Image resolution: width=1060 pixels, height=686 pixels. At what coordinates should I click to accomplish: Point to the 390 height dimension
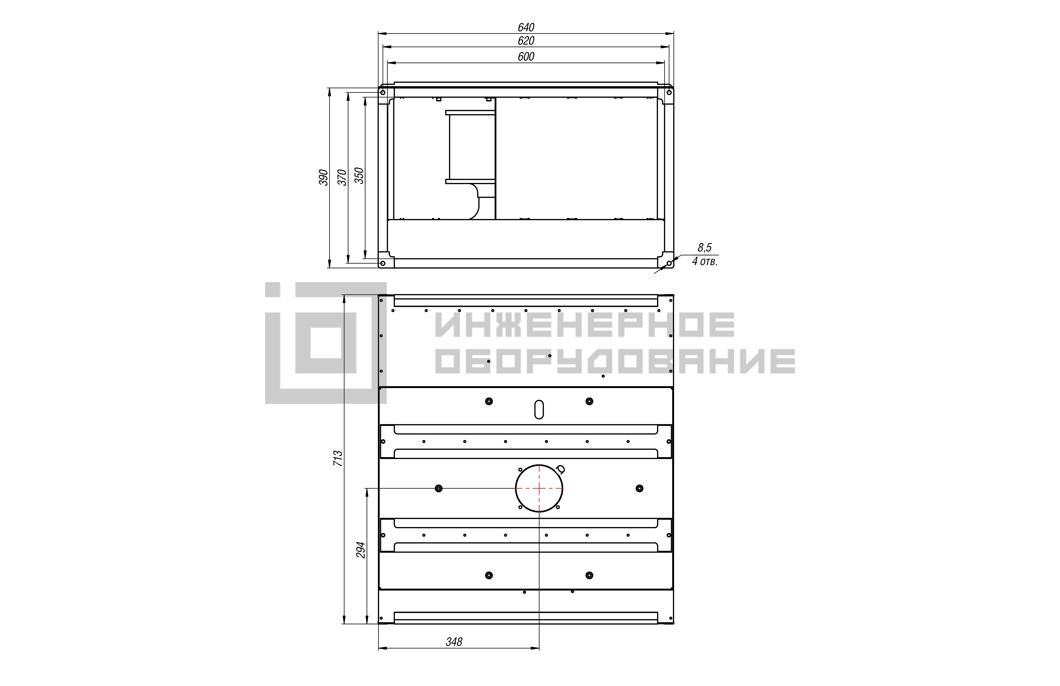click(x=323, y=177)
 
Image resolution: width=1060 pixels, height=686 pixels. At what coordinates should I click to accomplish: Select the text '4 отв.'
click(x=705, y=262)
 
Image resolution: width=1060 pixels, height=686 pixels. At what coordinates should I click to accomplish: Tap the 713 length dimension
click(x=338, y=458)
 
